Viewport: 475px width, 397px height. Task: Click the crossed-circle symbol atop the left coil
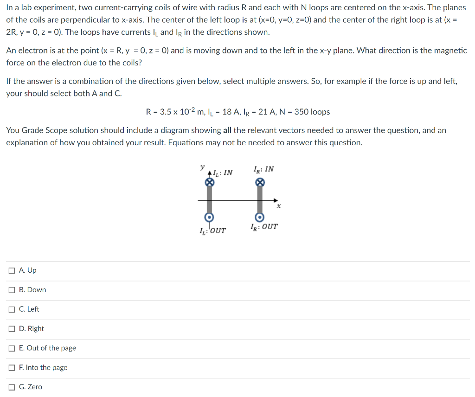(210, 183)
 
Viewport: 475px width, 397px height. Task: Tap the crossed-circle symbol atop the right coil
(260, 183)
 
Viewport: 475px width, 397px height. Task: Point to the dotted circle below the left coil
(210, 218)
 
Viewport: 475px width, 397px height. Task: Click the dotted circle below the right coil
(260, 218)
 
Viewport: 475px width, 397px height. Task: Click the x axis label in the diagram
(279, 206)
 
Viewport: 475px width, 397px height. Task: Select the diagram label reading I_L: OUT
(212, 230)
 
